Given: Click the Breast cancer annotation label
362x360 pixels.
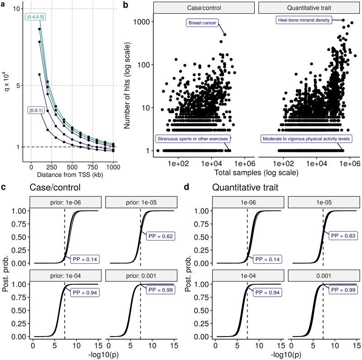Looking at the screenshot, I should (x=202, y=22).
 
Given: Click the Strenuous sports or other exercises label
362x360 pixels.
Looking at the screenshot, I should (x=193, y=138).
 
